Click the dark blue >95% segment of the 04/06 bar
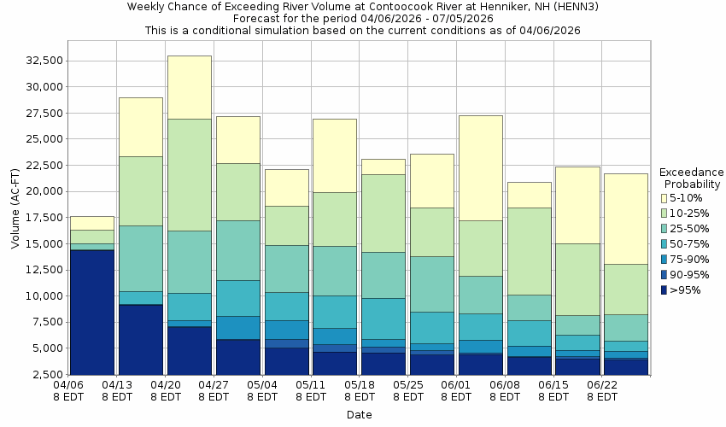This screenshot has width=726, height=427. tap(91, 312)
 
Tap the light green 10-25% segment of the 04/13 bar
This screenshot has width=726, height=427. tap(140, 190)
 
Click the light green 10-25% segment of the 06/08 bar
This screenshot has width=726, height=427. tap(529, 251)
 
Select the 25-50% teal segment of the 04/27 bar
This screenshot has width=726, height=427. tap(237, 250)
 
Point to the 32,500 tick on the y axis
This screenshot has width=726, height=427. tap(44, 61)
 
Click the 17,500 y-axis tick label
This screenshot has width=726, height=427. tap(44, 218)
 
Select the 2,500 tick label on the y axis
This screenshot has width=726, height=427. tap(48, 375)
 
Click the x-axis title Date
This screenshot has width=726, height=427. tap(359, 415)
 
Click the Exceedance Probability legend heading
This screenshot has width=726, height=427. tap(693, 178)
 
